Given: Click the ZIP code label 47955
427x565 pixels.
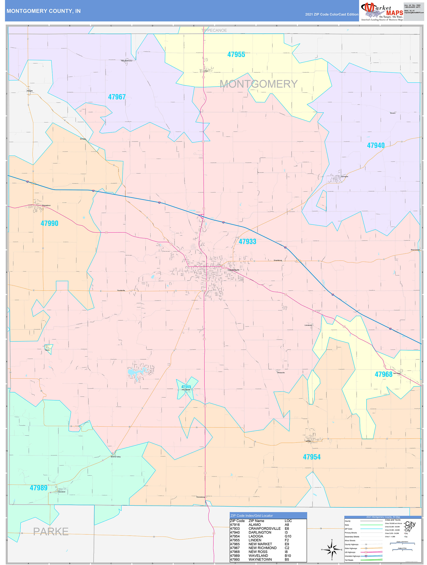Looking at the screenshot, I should [x=236, y=54].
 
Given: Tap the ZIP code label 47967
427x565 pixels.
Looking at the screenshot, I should [x=117, y=97].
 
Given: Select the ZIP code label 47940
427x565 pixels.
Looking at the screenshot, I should [x=375, y=145].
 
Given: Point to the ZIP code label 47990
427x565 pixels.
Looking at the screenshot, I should [x=49, y=223].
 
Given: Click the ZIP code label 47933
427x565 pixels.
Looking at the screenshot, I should [x=247, y=241].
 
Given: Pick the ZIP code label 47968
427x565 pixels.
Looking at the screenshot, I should [x=383, y=374].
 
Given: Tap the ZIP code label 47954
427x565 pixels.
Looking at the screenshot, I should [x=311, y=457].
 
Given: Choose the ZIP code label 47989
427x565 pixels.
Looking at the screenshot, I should [x=38, y=488].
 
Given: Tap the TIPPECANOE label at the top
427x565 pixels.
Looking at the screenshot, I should [x=214, y=30].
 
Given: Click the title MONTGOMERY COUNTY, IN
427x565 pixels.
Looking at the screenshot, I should [x=44, y=11].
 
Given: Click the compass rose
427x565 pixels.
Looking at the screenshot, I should [x=332, y=549].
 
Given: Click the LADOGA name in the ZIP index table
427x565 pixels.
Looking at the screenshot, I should [x=256, y=536].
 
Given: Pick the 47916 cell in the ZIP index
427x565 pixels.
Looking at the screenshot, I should [x=235, y=525].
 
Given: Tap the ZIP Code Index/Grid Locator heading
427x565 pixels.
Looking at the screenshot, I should [x=251, y=515].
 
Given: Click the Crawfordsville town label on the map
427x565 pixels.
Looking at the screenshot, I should [x=234, y=270].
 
